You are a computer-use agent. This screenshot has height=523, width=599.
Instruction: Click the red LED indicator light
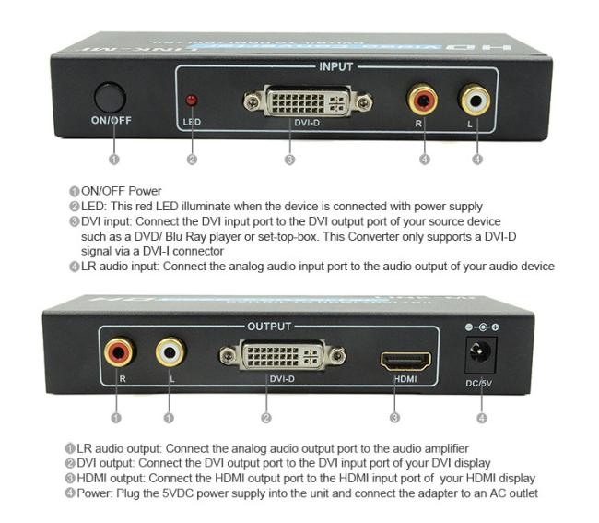192,99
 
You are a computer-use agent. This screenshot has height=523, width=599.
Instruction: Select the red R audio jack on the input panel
424,97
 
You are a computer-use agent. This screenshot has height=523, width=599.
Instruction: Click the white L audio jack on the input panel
476,97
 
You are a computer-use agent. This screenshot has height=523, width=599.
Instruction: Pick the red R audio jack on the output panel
118,351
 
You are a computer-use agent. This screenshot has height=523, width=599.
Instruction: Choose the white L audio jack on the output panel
170,351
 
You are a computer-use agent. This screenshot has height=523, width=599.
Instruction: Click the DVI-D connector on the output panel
282,356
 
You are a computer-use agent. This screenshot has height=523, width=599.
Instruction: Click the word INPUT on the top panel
335,66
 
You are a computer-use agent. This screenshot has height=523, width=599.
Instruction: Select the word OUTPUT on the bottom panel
269,327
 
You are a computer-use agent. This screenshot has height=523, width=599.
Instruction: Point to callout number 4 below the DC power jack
482,418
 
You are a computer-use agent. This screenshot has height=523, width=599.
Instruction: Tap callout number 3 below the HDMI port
394,418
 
